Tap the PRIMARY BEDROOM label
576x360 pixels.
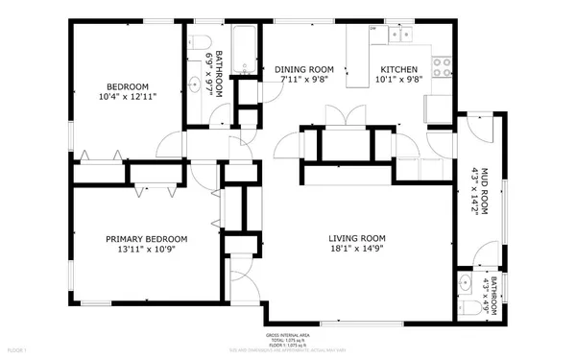(x=146, y=239)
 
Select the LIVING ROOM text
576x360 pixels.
(x=357, y=239)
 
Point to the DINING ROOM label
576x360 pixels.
(x=303, y=69)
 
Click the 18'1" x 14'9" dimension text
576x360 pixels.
(x=357, y=250)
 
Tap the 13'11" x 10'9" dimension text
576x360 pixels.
(x=146, y=250)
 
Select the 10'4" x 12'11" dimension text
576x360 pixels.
(x=128, y=96)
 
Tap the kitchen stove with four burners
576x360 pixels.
(x=443, y=68)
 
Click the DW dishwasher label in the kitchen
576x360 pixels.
(x=373, y=29)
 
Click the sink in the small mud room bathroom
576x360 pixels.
(x=466, y=283)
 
